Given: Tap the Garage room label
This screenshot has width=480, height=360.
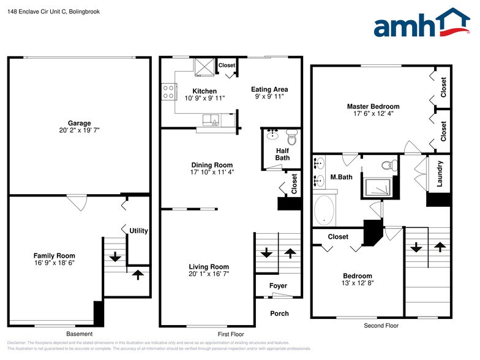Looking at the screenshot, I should point(79,123).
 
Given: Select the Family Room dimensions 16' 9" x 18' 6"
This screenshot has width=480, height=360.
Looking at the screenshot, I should point(54,263).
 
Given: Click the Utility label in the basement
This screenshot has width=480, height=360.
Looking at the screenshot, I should point(138,231).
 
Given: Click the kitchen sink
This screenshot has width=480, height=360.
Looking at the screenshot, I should point(215,119).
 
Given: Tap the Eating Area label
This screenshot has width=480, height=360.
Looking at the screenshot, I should point(269,89).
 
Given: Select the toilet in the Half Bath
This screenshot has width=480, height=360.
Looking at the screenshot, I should point(291,139).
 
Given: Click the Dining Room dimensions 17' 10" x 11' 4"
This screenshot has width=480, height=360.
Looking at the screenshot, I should point(212,172).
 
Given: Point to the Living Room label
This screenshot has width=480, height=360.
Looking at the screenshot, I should point(209,266).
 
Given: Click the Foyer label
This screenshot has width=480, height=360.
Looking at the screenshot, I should point(279,286).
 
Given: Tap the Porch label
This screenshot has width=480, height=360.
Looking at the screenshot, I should point(279,313).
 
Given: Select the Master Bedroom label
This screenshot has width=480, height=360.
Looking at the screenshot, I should point(373,106).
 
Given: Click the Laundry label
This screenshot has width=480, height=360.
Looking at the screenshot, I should point(439,173).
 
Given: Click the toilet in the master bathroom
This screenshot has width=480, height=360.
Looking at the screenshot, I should point(388,165).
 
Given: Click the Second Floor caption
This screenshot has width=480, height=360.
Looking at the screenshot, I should point(381,326).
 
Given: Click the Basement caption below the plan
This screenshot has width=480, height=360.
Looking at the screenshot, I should point(79,334).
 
